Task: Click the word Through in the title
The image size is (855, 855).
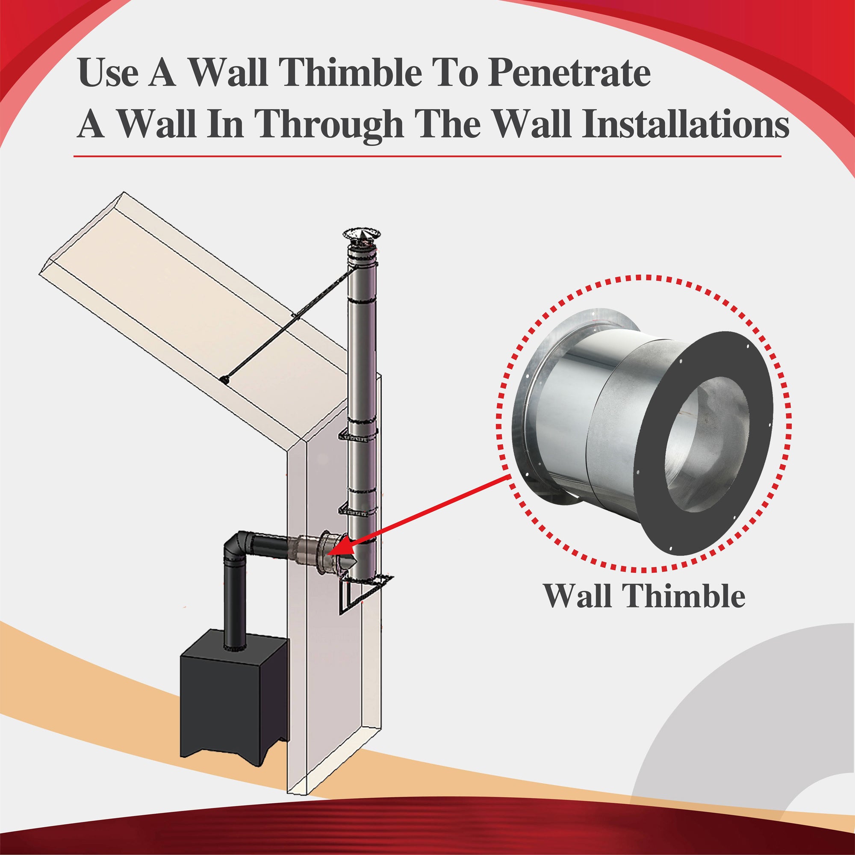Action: click(330, 124)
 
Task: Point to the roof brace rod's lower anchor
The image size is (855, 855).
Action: click(225, 379)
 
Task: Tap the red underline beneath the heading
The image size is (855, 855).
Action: click(427, 156)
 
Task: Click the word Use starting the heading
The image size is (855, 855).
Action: click(109, 72)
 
